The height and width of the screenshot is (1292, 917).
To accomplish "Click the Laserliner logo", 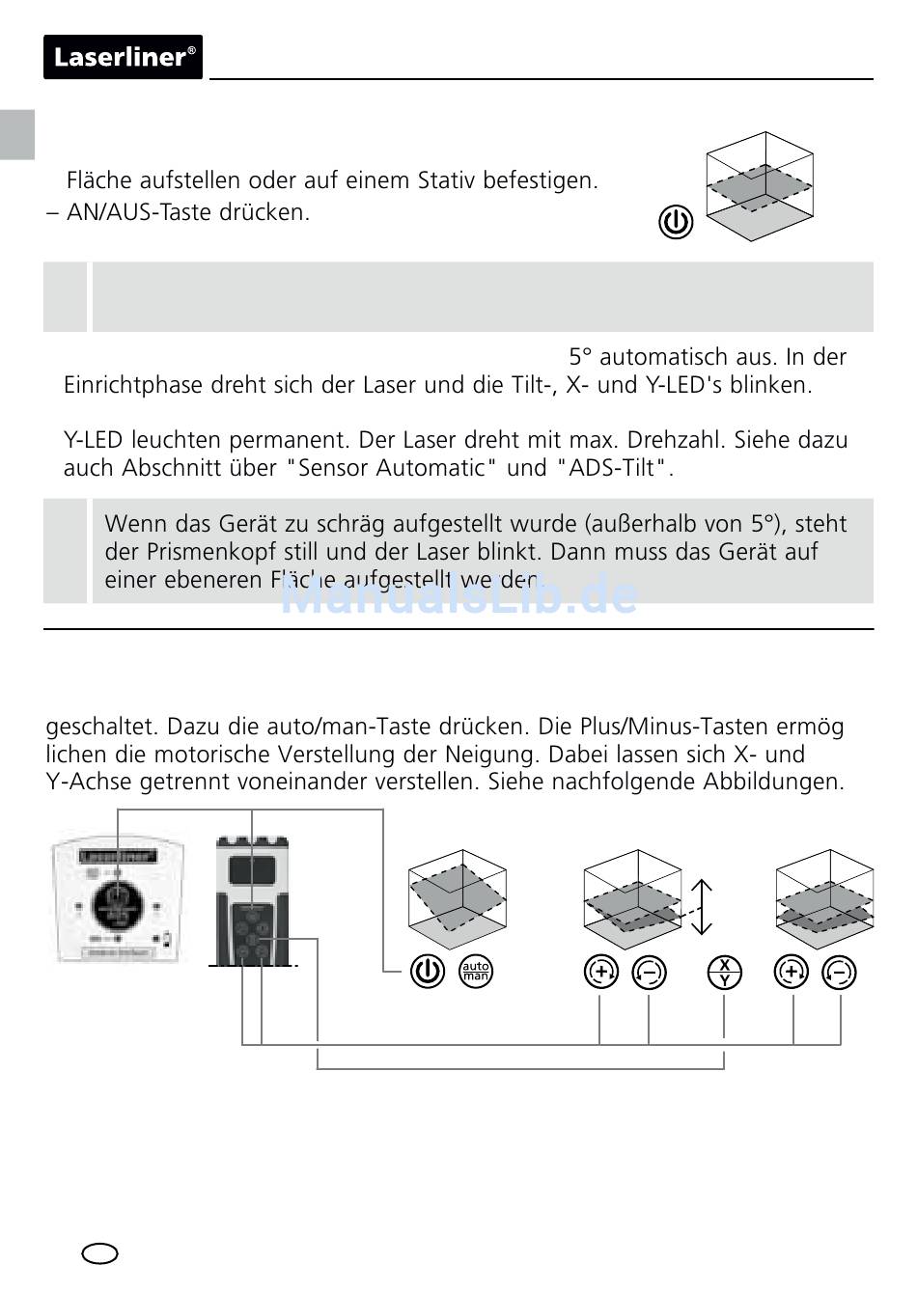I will (123, 57).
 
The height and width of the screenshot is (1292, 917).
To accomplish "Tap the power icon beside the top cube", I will (676, 222).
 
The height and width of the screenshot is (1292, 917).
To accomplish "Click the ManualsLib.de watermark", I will (459, 596).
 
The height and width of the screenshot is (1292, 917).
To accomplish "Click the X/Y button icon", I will (724, 972).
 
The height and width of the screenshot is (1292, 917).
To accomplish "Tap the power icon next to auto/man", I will (428, 971).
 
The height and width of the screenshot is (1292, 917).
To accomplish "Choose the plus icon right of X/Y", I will (792, 972).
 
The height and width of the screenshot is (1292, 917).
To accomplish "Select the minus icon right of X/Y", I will (840, 973).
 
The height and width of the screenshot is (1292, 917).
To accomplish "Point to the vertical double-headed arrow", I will (702, 907).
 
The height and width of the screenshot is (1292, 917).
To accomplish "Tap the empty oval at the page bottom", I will (100, 1253).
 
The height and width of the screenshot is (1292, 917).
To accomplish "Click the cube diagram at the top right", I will (760, 185).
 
